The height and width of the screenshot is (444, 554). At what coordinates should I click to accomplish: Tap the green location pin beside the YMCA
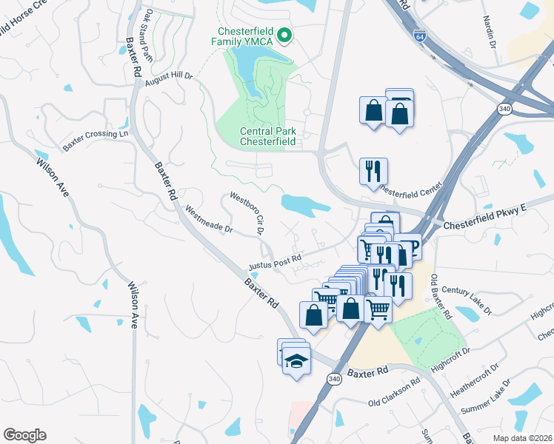(283, 34)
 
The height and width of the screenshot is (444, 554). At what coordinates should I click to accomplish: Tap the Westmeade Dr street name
(208, 219)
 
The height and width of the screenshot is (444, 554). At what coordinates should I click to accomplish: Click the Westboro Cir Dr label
(247, 213)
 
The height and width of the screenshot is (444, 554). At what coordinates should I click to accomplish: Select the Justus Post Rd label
(275, 260)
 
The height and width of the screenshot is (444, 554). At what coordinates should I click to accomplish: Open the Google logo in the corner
(24, 435)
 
